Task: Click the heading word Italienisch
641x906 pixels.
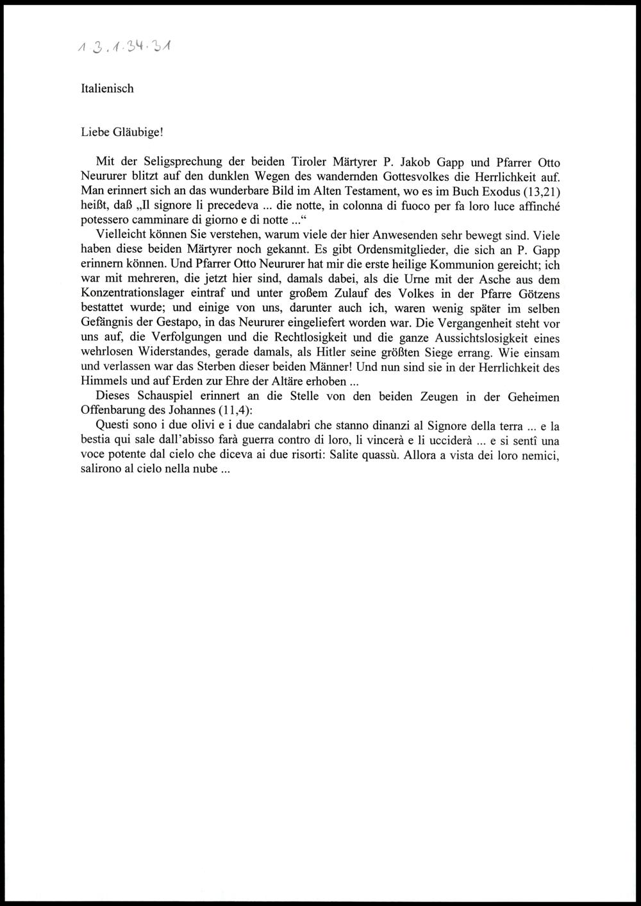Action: pyautogui.click(x=107, y=89)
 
